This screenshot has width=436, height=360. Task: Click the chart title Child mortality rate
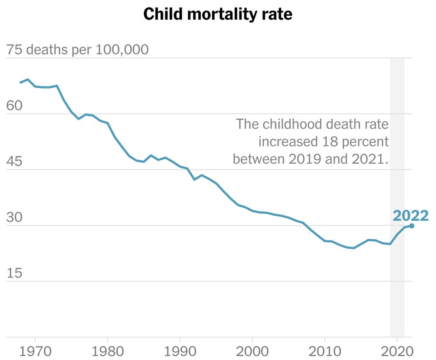click(x=218, y=14)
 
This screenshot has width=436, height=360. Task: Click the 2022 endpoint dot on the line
click(x=412, y=226)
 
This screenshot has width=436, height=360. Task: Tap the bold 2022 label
click(x=410, y=216)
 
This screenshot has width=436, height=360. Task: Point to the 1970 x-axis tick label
click(x=34, y=351)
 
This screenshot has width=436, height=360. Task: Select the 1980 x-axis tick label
click(x=107, y=351)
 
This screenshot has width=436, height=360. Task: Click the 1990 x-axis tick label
click(x=179, y=351)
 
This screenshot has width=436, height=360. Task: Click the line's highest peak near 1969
click(x=27, y=79)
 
